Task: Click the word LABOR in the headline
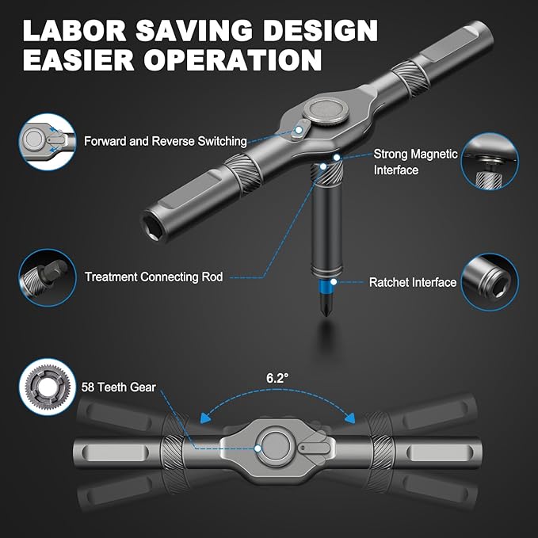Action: point(74,31)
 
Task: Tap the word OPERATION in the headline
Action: point(233,59)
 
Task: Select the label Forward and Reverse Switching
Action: point(166,141)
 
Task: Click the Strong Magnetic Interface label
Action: point(415,162)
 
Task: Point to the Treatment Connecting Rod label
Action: point(154,277)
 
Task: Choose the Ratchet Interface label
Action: point(413,282)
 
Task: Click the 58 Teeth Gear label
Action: point(118,387)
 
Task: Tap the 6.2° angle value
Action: point(277,378)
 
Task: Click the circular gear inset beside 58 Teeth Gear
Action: point(48,387)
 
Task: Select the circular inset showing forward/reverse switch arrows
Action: point(48,142)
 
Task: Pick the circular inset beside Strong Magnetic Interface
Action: point(490,162)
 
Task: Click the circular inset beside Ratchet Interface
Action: point(490,282)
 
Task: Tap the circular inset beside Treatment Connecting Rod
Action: point(48,277)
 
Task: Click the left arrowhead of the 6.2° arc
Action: point(205,418)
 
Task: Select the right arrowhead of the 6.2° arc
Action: point(350,418)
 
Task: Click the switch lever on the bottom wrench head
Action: point(314,448)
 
